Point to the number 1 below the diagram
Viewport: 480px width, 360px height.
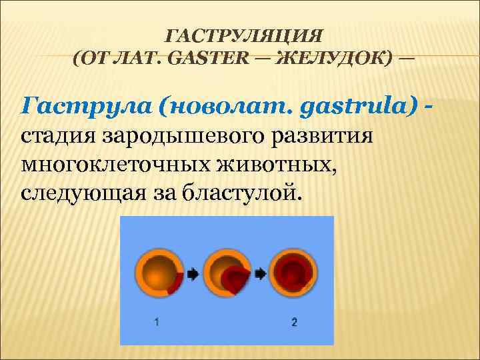pyautogui.click(x=156, y=322)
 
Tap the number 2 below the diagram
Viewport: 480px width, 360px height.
pyautogui.click(x=294, y=322)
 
